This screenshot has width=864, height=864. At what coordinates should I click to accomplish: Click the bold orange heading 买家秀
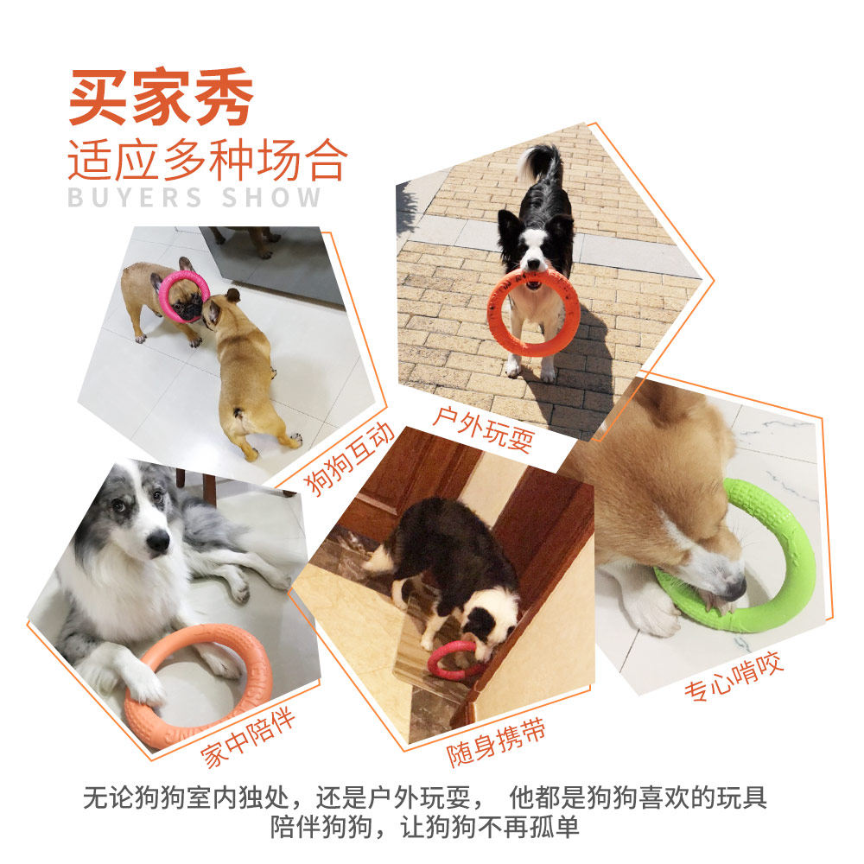tap(161, 97)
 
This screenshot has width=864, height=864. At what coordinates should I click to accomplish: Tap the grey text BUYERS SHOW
tap(194, 197)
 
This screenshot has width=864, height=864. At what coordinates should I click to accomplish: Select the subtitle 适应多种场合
tap(207, 159)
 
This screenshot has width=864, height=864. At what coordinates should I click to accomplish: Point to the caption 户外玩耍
tap(484, 429)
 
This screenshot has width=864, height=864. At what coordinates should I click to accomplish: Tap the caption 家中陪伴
tap(247, 737)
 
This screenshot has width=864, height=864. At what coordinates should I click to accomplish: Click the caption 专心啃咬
tap(734, 676)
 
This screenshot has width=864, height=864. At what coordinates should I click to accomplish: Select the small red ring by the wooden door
tap(435, 668)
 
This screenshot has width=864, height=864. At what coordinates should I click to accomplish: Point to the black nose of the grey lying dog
tap(158, 541)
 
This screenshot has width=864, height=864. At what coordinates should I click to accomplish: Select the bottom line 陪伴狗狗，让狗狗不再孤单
tap(425, 828)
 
